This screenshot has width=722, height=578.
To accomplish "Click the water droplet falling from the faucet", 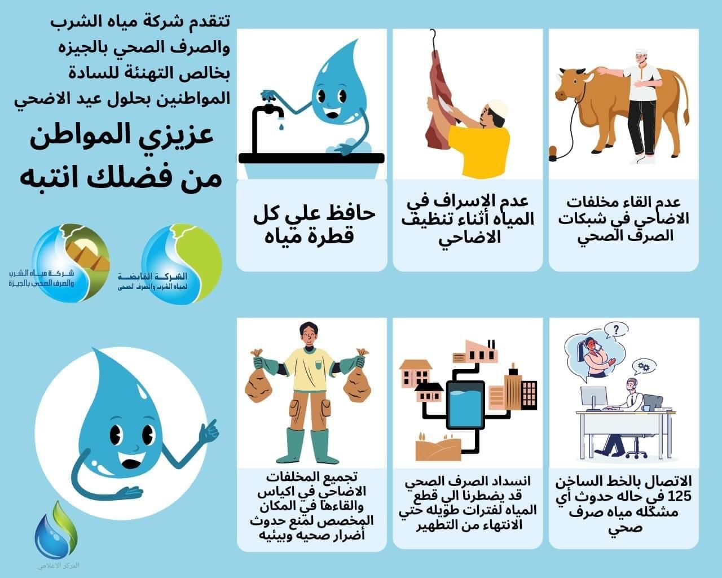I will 280,127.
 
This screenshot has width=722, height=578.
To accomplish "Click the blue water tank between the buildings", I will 465,403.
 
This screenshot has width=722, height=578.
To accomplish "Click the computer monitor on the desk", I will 593,397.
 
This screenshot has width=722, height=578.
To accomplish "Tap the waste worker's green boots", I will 308,446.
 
